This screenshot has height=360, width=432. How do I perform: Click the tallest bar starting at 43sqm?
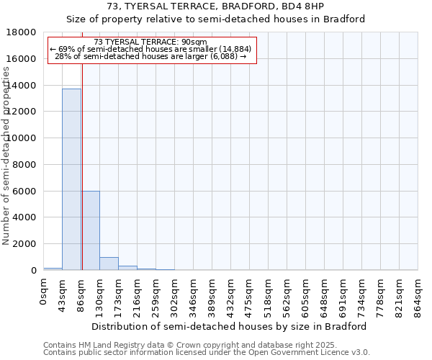(71, 179)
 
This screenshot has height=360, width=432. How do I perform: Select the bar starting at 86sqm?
(91, 230)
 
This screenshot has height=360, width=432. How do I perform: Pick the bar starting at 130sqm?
(109, 264)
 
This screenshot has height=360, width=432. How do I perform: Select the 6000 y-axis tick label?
(24, 191)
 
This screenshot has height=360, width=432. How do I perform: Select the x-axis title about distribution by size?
(230, 326)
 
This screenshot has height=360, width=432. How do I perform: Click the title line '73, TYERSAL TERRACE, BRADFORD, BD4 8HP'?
(215, 6)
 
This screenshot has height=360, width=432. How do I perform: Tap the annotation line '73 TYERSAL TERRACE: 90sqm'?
(150, 42)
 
